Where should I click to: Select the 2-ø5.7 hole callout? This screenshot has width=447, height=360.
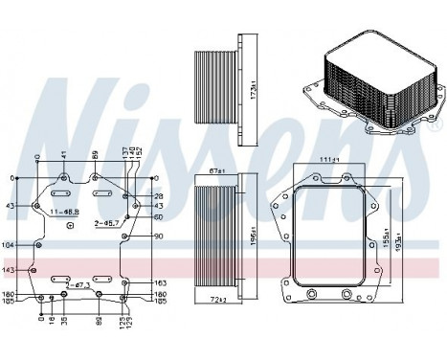(107, 223)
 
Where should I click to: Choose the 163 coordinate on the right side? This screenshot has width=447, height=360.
(160, 283)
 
